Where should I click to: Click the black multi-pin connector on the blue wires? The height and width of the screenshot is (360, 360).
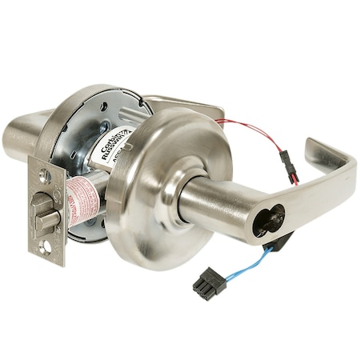[206, 282]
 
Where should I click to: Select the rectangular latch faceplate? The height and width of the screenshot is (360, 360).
[48, 210]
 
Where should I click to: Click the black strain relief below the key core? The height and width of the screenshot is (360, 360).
[280, 240]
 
